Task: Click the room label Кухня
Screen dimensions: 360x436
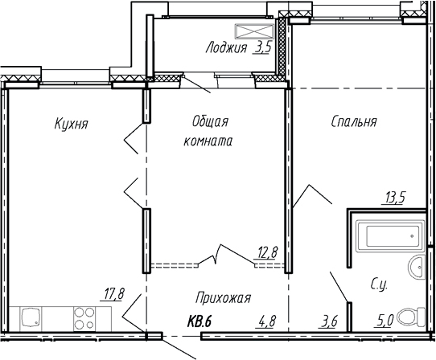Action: (x=71, y=124)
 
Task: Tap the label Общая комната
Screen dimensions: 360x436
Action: (x=212, y=131)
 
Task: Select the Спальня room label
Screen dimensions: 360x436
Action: (x=353, y=122)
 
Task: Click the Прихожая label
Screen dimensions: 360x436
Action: (x=224, y=298)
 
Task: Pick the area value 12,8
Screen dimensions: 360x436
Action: (x=267, y=252)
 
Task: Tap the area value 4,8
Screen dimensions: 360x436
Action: (x=267, y=323)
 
